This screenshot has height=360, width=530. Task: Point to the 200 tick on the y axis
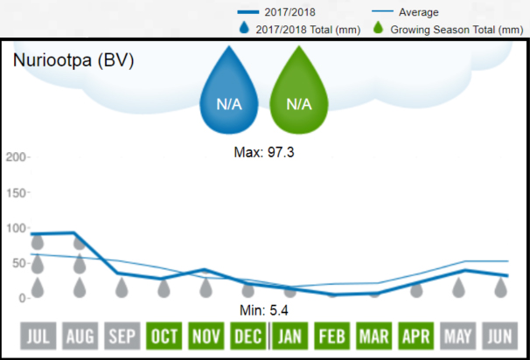(x=17, y=157)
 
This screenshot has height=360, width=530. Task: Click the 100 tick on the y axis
(x=17, y=228)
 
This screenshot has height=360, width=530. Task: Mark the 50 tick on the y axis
(x=18, y=263)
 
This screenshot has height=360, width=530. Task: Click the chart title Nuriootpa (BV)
(x=73, y=62)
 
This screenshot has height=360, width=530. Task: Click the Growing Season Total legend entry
(x=456, y=30)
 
